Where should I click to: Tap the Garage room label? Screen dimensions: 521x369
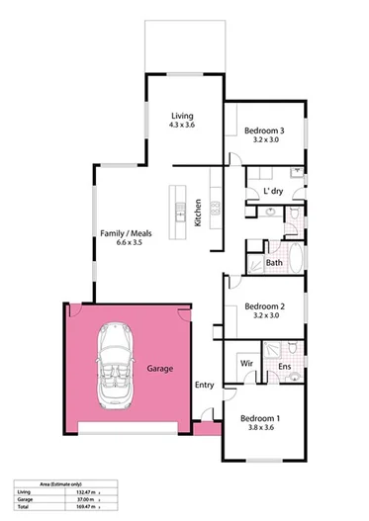point(159,368)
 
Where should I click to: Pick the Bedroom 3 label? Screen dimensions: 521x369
point(264,130)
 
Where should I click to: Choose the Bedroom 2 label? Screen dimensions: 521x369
point(264,306)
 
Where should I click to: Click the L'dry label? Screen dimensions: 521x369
point(273,191)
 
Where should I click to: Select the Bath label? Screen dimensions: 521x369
point(274,263)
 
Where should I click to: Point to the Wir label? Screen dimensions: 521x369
point(247,364)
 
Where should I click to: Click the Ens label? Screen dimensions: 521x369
point(283,368)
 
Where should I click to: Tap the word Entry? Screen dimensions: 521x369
point(205,384)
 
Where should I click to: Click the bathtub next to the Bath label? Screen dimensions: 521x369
point(251,264)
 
